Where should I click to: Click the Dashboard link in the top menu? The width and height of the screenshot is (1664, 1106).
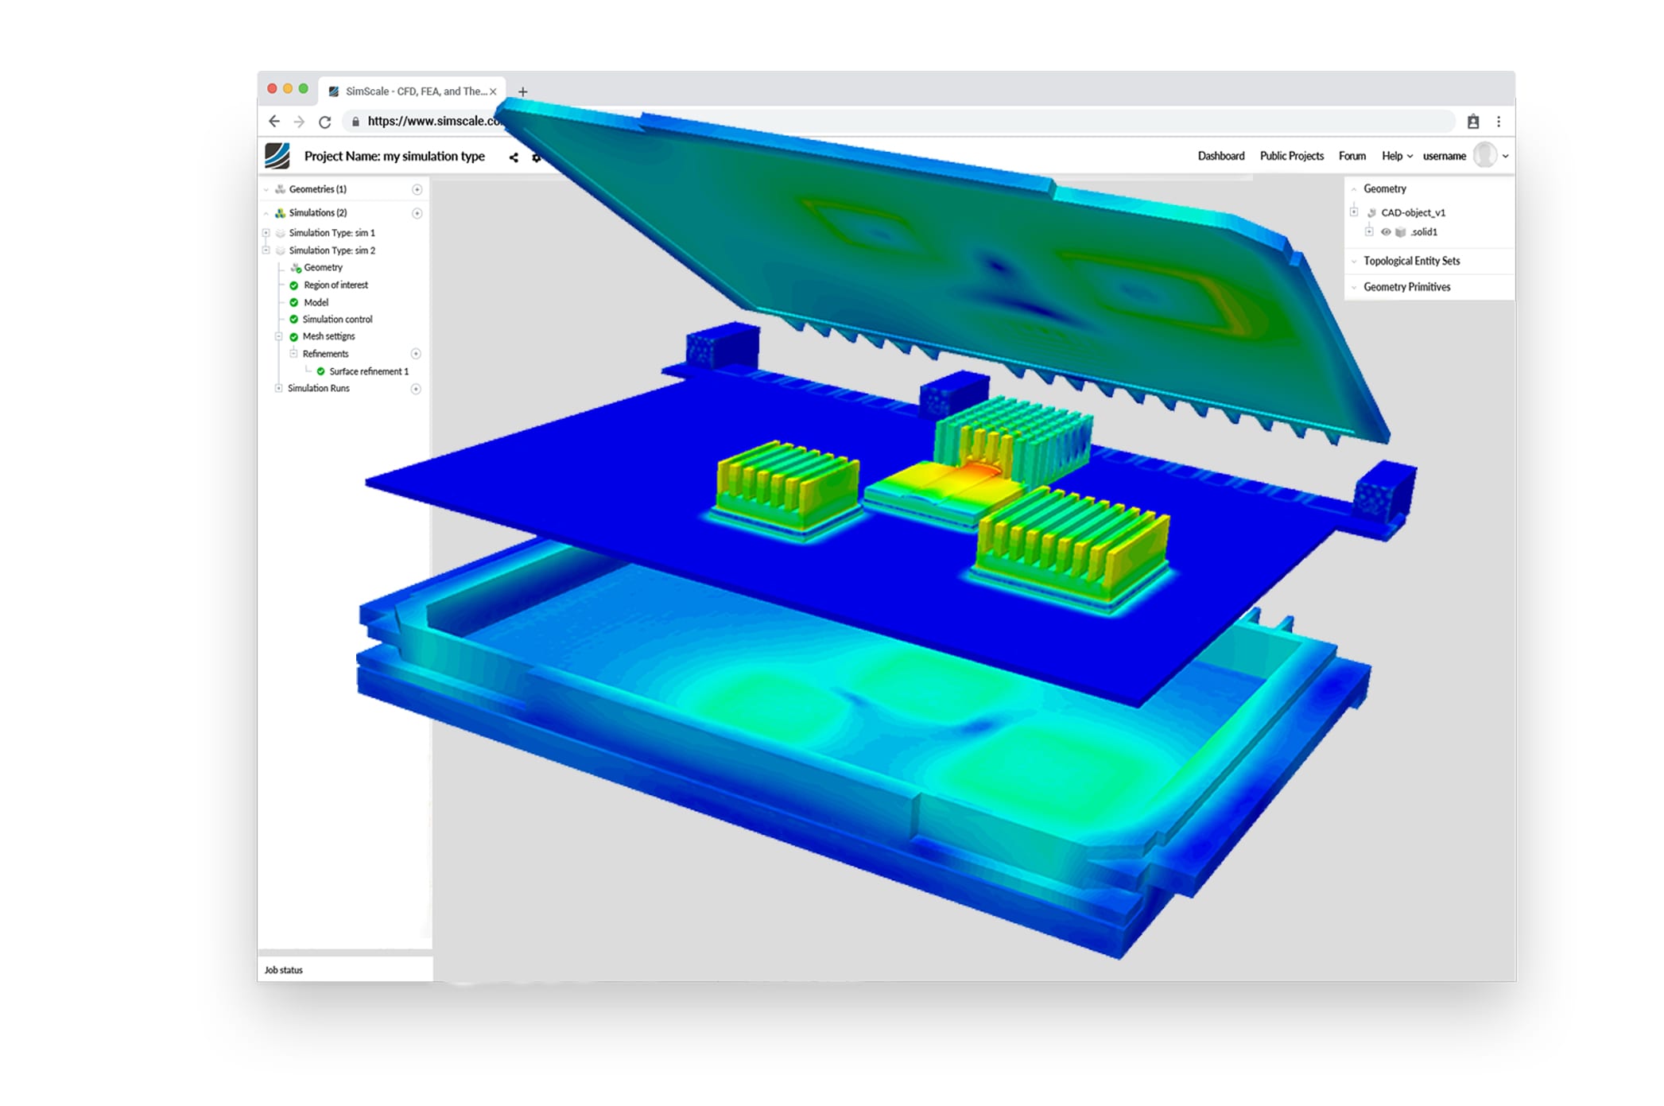coord(1220,156)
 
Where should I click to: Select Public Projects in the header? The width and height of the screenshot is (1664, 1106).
coord(1291,156)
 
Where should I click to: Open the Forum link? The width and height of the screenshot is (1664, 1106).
coord(1352,156)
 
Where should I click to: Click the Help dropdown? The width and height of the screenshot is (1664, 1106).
coord(1396,156)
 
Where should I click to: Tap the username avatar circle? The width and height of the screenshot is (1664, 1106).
coord(1484,155)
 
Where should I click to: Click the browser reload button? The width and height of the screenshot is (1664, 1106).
coord(324,122)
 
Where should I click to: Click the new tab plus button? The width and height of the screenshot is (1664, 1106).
coord(522,91)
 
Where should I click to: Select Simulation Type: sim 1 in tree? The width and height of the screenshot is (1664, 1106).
coord(332,233)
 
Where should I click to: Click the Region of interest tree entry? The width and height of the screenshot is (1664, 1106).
coord(336,285)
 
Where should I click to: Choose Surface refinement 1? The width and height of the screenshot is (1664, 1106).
coord(368,371)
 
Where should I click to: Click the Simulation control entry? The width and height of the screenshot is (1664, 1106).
coord(337,319)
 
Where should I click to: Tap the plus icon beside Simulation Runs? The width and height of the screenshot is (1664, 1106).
coord(416,389)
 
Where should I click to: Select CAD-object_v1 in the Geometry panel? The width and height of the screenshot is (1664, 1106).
coord(1413,212)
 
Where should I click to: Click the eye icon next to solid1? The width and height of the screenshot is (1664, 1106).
coord(1386,232)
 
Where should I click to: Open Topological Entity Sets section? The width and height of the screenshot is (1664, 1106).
coord(1411,261)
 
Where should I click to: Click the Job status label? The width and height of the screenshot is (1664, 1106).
coord(284,970)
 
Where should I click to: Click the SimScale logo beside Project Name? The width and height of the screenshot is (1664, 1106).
coord(277,156)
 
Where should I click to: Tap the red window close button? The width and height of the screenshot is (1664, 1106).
coord(272,89)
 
